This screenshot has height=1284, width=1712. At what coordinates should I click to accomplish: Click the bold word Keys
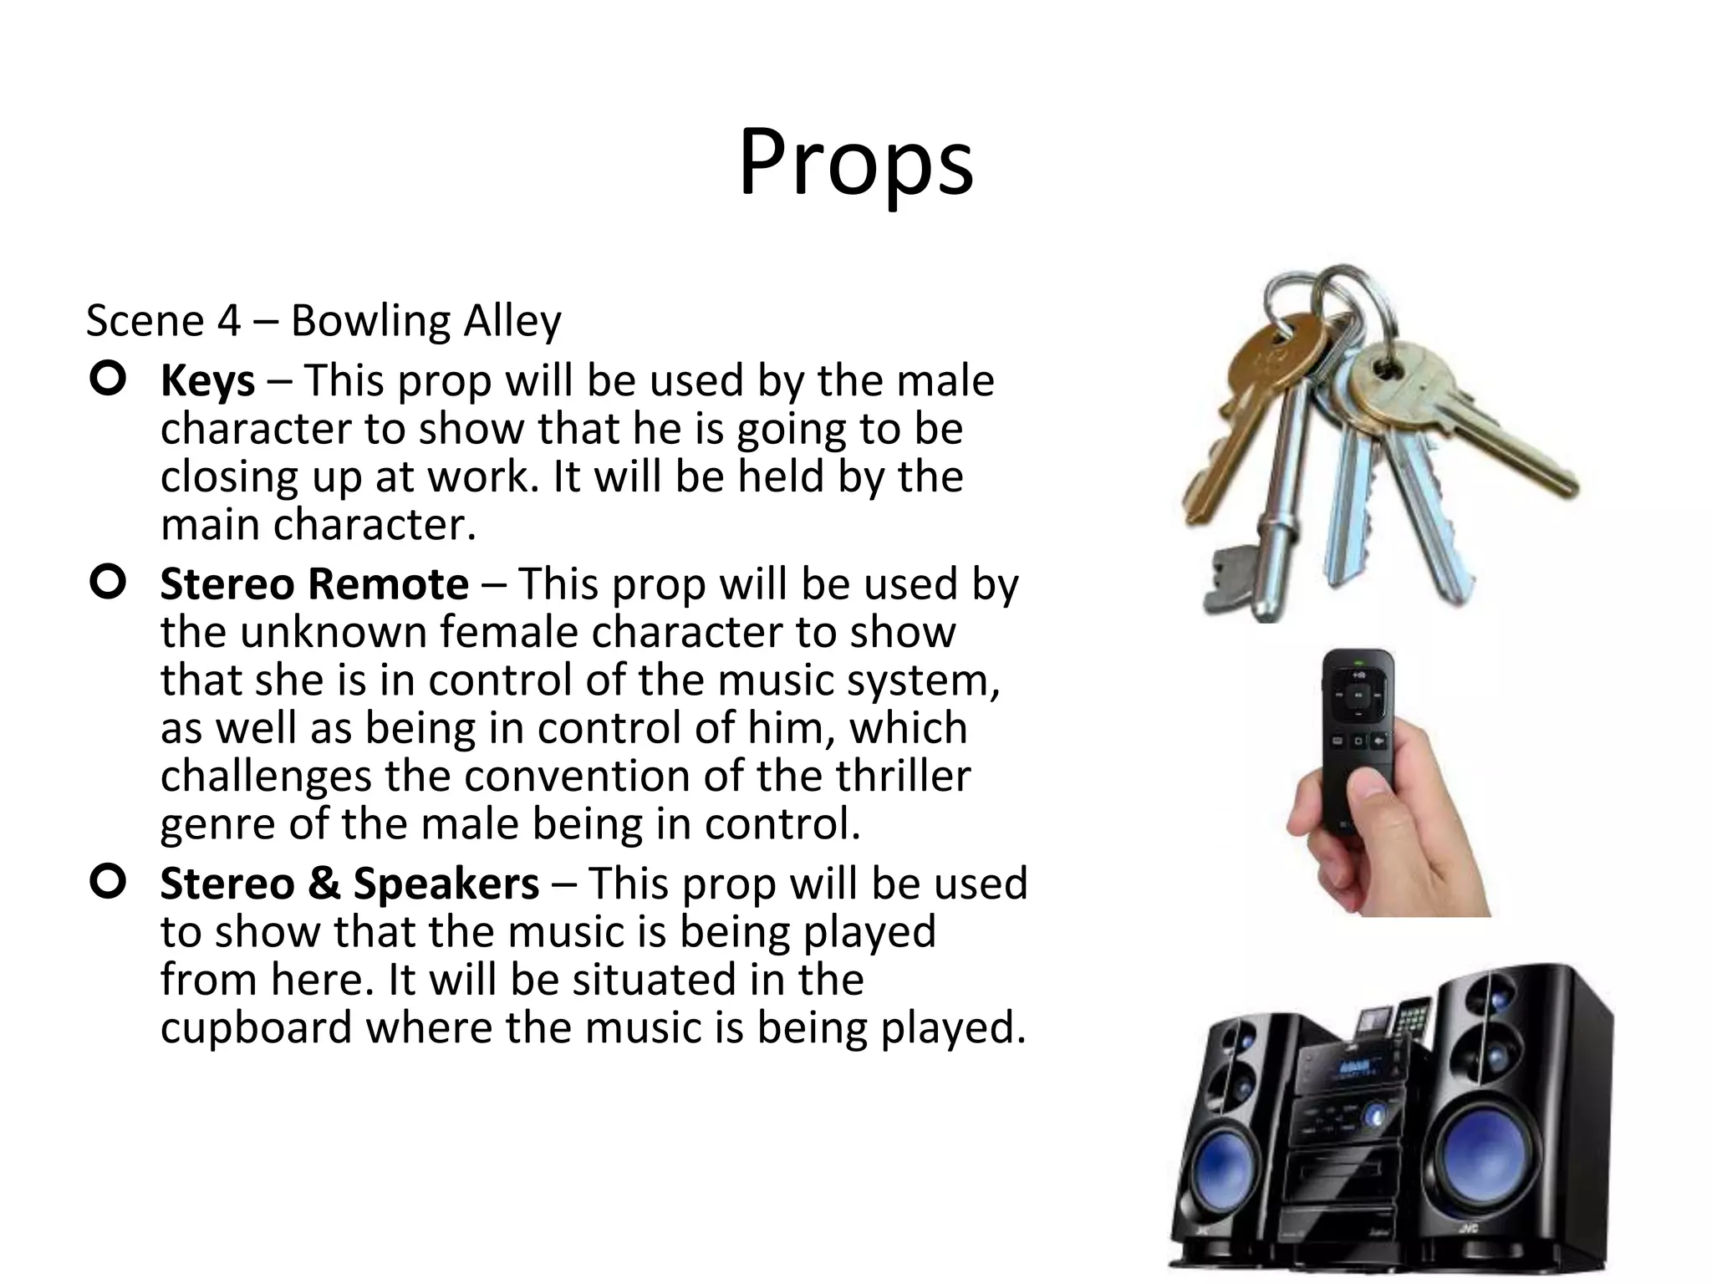pyautogui.click(x=207, y=381)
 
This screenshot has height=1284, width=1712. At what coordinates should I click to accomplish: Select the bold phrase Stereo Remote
pyautogui.click(x=314, y=583)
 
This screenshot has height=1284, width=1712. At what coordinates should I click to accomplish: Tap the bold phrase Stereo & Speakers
pyautogui.click(x=349, y=884)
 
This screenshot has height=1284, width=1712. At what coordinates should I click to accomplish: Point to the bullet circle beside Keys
pyautogui.click(x=108, y=380)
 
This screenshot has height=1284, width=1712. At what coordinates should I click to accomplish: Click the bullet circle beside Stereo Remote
pyautogui.click(x=108, y=582)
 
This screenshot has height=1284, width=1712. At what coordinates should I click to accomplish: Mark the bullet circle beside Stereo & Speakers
pyautogui.click(x=108, y=882)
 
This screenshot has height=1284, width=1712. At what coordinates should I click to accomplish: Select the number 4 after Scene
pyautogui.click(x=228, y=321)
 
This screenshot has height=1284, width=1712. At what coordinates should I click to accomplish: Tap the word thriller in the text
pyautogui.click(x=903, y=776)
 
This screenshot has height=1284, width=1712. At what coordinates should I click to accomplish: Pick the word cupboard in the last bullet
pyautogui.click(x=256, y=1027)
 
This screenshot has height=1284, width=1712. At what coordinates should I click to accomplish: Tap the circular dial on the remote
pyautogui.click(x=1358, y=695)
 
